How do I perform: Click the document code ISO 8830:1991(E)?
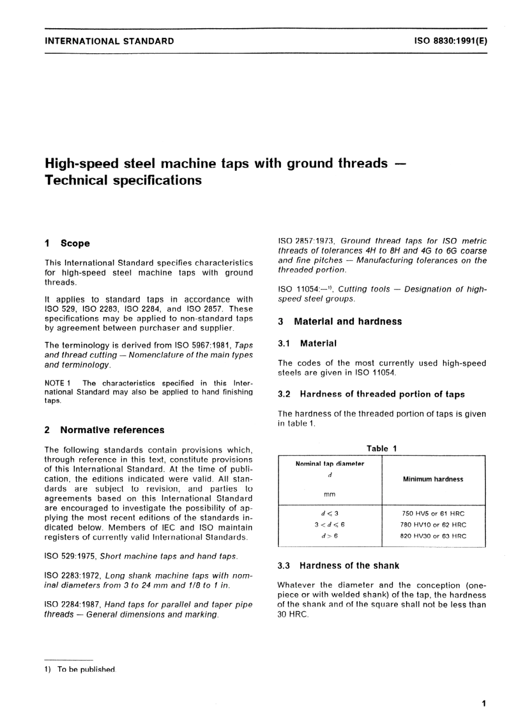click(x=450, y=41)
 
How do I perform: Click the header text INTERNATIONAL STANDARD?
click(x=109, y=41)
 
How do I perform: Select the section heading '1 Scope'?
click(x=67, y=243)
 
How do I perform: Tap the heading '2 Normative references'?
click(x=104, y=430)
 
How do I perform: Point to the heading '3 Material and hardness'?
click(x=340, y=321)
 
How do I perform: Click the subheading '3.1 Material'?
click(x=307, y=343)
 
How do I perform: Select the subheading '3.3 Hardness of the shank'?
click(x=338, y=565)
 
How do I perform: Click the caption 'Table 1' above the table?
click(x=382, y=448)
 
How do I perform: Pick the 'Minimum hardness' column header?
click(x=433, y=479)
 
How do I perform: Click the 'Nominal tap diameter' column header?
click(x=330, y=464)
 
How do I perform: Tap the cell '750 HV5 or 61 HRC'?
click(x=433, y=513)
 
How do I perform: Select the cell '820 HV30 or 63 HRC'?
click(x=433, y=536)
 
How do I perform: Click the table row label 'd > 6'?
click(x=330, y=536)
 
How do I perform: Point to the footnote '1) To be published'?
click(x=80, y=670)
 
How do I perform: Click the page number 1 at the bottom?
click(x=484, y=704)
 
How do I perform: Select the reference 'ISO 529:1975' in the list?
click(x=69, y=556)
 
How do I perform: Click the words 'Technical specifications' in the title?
click(x=123, y=180)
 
